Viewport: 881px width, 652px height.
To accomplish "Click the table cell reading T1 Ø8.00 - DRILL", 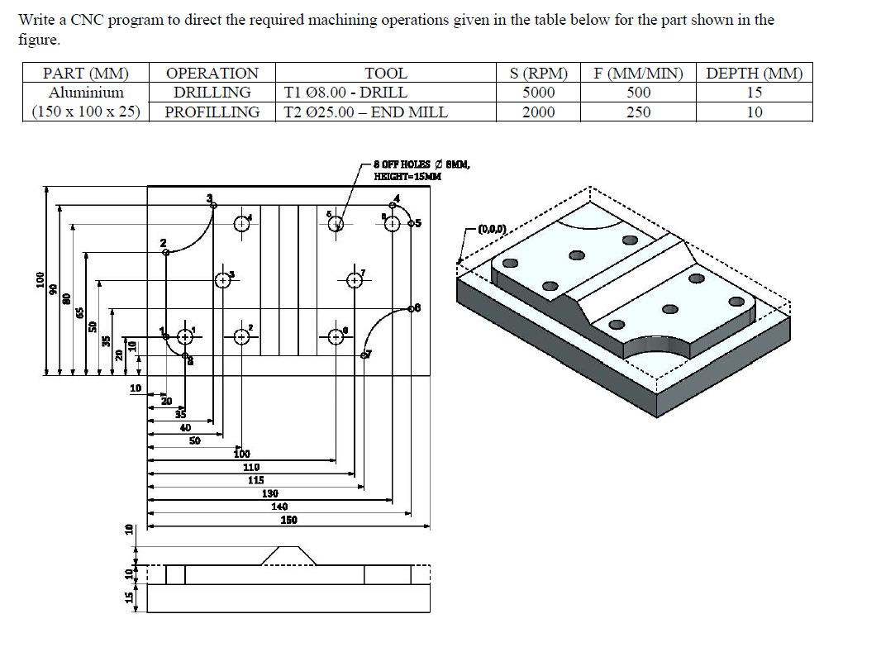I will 345,93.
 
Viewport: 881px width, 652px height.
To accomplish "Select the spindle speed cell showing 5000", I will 538,93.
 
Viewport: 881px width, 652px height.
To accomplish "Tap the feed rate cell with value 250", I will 638,112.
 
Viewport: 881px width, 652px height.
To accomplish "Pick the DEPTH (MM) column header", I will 754,74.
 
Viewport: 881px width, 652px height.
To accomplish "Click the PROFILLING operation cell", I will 212,112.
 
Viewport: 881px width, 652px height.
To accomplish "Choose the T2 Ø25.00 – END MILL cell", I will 365,112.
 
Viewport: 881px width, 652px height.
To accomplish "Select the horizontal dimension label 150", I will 288,520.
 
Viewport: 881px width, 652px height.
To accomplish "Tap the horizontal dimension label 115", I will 255,480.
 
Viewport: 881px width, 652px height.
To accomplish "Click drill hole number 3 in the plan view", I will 222,280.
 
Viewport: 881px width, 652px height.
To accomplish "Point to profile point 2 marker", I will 166,252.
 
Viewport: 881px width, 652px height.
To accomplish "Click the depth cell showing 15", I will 754,93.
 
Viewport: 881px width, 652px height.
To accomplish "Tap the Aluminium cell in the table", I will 86,93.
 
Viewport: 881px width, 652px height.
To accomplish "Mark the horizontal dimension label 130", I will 269,493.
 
